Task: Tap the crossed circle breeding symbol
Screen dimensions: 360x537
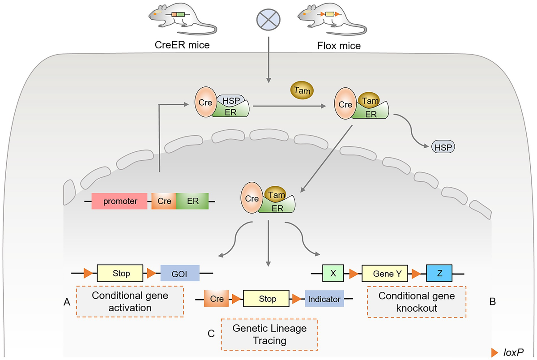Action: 268,21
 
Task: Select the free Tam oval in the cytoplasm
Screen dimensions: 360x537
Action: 302,90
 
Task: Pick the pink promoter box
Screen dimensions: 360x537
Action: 119,201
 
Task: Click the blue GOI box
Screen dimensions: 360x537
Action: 179,273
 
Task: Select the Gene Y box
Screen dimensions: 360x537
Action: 384,273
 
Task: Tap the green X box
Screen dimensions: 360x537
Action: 333,273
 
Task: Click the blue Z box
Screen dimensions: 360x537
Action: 439,273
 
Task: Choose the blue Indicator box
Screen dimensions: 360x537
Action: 324,299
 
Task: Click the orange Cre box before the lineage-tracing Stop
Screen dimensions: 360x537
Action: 217,299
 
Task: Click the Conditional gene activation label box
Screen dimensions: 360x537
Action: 130,302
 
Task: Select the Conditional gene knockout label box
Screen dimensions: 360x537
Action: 416,302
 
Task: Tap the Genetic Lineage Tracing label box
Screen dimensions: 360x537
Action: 269,334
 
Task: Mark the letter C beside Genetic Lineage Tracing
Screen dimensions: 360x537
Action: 211,334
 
